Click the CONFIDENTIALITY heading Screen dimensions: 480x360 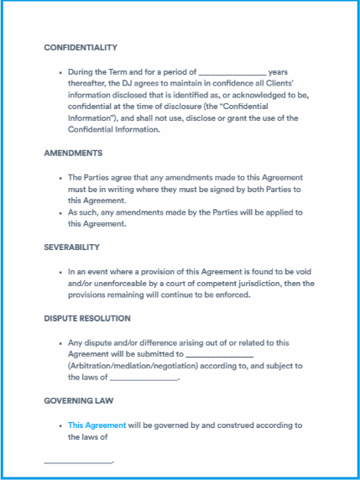click(81, 48)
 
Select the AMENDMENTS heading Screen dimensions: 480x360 click(73, 154)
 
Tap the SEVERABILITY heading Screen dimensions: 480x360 click(72, 248)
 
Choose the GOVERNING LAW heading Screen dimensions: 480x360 click(79, 401)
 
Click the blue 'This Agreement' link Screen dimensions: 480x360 click(97, 425)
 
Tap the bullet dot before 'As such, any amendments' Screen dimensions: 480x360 click(60, 213)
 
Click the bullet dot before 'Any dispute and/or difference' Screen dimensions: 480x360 click(60, 343)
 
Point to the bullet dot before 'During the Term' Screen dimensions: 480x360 click(60, 73)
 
